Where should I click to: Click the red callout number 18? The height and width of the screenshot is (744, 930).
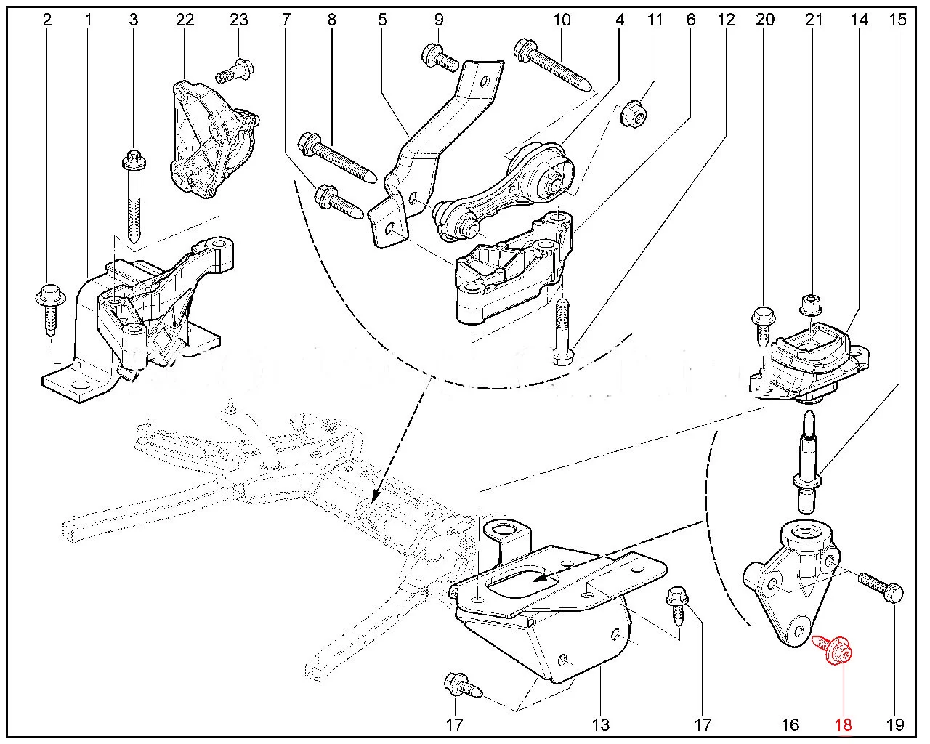(844, 724)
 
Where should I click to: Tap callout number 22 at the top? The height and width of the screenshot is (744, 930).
(185, 20)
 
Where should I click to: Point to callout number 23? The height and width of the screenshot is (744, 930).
(238, 20)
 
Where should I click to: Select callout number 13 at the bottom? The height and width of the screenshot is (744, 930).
(601, 724)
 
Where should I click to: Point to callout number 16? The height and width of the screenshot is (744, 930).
(790, 724)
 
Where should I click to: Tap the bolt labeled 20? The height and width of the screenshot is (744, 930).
(762, 328)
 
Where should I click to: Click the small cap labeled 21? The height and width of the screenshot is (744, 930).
(809, 304)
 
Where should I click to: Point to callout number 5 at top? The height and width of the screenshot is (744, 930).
(382, 20)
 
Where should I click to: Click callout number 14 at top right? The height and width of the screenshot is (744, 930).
(860, 20)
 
